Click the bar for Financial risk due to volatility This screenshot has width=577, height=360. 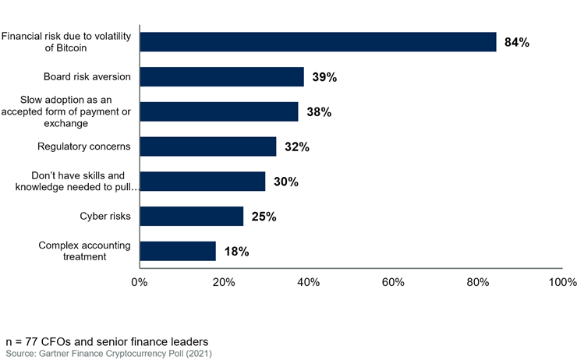click(318, 42)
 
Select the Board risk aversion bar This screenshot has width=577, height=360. click(221, 76)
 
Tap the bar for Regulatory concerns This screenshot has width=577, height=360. click(207, 146)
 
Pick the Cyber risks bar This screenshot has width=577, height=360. click(192, 216)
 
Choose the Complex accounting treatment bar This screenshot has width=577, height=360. click(178, 251)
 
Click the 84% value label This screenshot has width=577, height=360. click(516, 43)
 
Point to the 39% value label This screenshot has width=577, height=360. click(324, 77)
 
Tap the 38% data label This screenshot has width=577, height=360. click(318, 112)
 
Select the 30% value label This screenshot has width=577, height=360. click(285, 182)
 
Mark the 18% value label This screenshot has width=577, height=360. click(235, 252)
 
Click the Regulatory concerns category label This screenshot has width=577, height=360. click(84, 146)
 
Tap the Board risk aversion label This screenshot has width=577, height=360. click(87, 76)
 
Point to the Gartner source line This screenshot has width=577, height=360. click(108, 354)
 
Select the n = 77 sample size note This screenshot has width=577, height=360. click(108, 342)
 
